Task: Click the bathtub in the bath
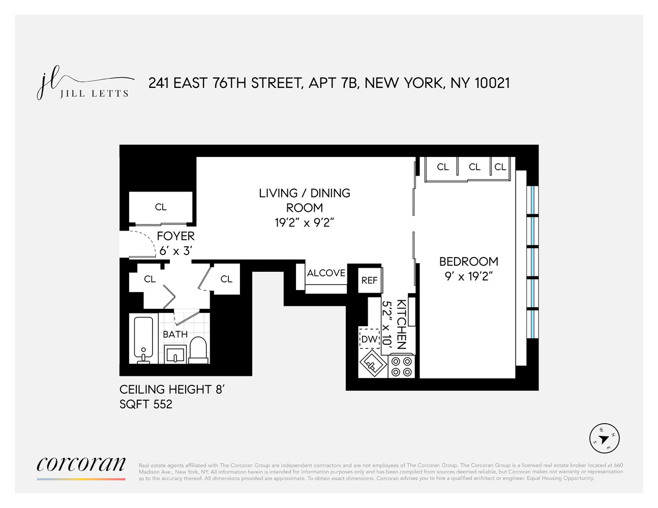[x=144, y=338]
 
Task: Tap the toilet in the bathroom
[x=198, y=350]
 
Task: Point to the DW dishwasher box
[x=370, y=339]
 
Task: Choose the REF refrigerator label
[x=370, y=280]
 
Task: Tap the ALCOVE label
[x=326, y=273]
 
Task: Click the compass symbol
[x=604, y=437]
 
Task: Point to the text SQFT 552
[x=146, y=404]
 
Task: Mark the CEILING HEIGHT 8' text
[x=172, y=390]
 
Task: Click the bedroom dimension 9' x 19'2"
[x=468, y=276]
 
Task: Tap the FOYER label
[x=175, y=236]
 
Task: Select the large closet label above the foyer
[x=161, y=207]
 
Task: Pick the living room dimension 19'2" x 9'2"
[x=304, y=223]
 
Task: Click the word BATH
[x=175, y=334]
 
